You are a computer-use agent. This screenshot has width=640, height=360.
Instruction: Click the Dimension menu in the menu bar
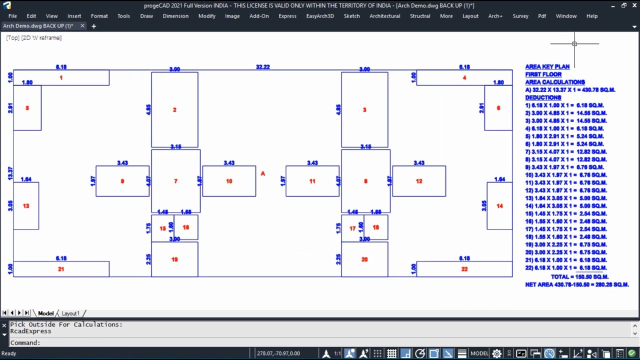[x=175, y=16]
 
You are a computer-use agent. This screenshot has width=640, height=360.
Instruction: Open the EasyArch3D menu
[x=320, y=16]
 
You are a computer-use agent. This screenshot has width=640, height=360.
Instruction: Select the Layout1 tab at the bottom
[x=70, y=313]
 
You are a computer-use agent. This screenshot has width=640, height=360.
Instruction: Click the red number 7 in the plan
[x=175, y=181]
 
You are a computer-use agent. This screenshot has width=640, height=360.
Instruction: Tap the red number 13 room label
[x=26, y=206]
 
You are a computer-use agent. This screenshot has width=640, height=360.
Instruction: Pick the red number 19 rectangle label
[x=174, y=259]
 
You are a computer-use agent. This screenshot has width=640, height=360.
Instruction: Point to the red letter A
[x=262, y=173]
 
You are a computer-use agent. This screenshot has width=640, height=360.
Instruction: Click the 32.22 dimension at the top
[x=262, y=67]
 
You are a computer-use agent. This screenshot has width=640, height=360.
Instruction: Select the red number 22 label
[x=464, y=269]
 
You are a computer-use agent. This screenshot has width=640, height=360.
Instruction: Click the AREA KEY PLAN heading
[x=547, y=66]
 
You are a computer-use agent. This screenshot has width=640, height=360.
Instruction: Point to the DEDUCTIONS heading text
[x=543, y=97]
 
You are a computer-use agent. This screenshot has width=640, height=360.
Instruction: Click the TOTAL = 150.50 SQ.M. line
[x=579, y=276]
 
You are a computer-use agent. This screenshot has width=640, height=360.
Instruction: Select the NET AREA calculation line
[x=576, y=284]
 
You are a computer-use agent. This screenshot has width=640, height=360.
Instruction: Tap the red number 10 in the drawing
[x=229, y=181]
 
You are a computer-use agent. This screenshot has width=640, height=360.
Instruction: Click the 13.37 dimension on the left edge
[x=10, y=173]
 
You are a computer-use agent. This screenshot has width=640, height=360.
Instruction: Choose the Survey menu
[x=520, y=16]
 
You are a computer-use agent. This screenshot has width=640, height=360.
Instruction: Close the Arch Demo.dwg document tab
[x=82, y=26]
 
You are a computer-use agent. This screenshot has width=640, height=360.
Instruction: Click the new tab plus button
[x=93, y=26]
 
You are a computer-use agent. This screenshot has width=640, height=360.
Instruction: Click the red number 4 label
[x=464, y=77]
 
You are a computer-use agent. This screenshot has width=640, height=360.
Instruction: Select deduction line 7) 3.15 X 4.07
[x=565, y=151]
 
